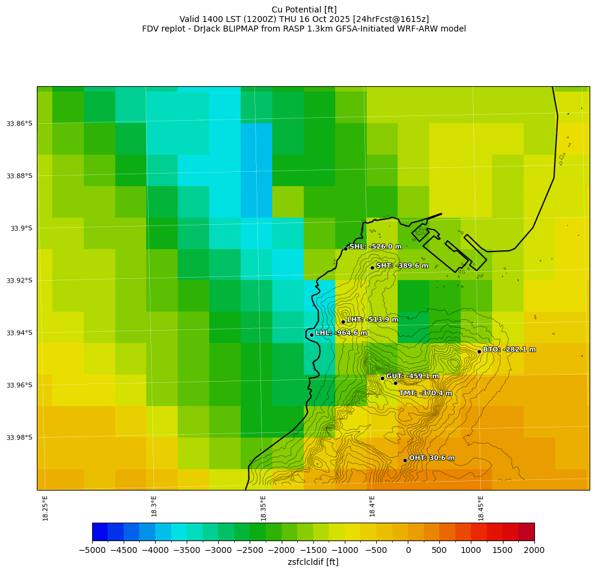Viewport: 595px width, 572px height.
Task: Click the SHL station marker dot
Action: (x=345, y=249)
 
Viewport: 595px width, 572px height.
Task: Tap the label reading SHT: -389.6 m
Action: (x=402, y=266)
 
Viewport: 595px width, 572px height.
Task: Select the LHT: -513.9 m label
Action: (x=372, y=320)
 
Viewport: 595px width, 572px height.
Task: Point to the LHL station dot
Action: (x=311, y=335)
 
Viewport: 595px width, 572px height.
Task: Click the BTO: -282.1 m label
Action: (x=509, y=350)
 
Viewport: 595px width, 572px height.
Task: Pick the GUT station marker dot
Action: (x=382, y=378)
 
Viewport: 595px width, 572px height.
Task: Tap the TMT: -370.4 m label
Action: (x=425, y=393)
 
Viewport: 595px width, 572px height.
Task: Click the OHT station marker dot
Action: (x=405, y=460)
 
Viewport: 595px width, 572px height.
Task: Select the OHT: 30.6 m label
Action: (x=432, y=458)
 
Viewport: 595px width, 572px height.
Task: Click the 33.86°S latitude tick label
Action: (x=19, y=124)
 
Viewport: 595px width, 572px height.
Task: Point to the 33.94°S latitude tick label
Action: (x=19, y=333)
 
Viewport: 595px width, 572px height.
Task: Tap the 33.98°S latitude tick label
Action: (x=19, y=438)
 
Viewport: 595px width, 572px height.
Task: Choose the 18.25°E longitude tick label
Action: (x=45, y=508)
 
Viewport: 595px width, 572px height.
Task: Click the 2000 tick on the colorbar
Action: (x=534, y=550)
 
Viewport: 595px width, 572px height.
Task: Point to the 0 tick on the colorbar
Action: (x=408, y=550)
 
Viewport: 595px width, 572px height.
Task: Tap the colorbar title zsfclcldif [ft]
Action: (x=313, y=562)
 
